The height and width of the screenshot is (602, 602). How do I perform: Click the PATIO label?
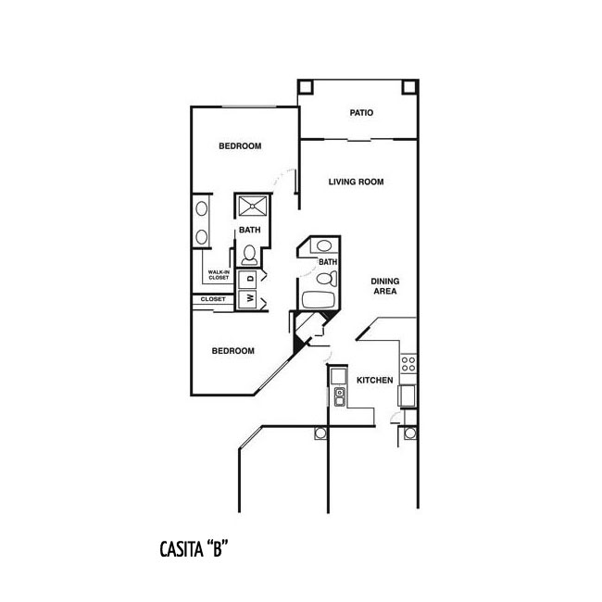click(x=361, y=113)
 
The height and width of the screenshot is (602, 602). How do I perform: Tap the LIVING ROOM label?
click(x=356, y=182)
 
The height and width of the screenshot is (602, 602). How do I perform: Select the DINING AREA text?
click(x=384, y=286)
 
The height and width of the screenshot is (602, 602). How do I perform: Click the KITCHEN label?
click(x=375, y=380)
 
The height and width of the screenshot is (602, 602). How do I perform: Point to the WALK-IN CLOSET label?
click(x=219, y=275)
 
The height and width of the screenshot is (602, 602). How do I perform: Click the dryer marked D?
click(x=247, y=279)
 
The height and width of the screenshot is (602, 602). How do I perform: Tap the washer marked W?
click(x=247, y=299)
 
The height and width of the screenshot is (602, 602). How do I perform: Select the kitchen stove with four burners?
click(x=408, y=364)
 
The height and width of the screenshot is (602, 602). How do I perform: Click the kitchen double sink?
click(x=340, y=396)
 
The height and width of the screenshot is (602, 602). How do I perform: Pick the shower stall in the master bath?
click(x=253, y=207)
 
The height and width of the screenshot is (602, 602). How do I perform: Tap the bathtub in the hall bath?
click(x=319, y=300)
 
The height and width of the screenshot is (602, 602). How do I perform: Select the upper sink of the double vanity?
click(x=202, y=209)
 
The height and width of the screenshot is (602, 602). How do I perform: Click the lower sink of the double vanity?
click(x=202, y=237)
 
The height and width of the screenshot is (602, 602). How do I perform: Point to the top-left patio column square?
click(x=306, y=87)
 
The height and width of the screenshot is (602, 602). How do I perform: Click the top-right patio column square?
click(x=409, y=87)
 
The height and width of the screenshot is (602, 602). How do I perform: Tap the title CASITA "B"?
click(x=194, y=549)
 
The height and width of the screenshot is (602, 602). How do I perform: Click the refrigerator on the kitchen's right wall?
click(x=407, y=395)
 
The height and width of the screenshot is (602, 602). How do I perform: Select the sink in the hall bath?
click(x=324, y=245)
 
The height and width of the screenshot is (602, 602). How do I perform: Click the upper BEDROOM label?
click(x=240, y=146)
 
